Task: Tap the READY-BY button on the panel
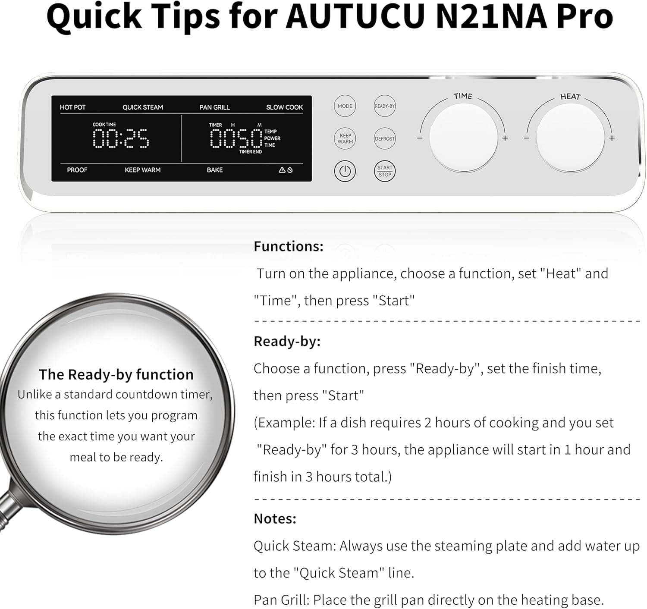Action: point(384,106)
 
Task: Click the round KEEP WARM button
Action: point(345,138)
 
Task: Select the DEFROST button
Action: point(384,138)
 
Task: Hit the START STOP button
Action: point(384,171)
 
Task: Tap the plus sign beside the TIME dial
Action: point(505,138)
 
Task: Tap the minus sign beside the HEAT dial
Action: point(527,138)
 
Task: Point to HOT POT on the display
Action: point(72,107)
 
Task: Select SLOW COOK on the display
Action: point(284,107)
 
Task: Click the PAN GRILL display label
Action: point(214,107)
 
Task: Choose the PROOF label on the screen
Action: point(77,170)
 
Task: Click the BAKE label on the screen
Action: point(214,170)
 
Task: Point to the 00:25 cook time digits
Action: point(121,138)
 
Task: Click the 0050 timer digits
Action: point(236,138)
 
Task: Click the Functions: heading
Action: point(288,246)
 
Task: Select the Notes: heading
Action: point(275,518)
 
